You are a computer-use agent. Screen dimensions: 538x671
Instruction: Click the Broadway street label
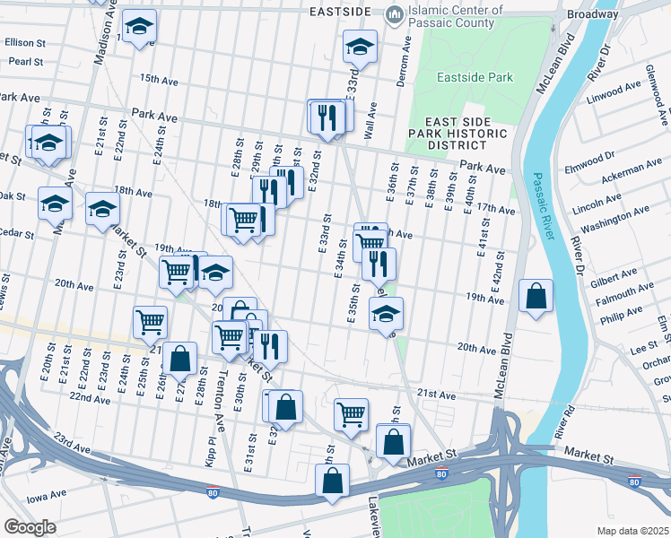coord(592,14)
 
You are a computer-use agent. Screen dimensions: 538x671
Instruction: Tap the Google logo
coord(30,526)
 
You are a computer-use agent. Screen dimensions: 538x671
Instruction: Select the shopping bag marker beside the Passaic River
coord(536,297)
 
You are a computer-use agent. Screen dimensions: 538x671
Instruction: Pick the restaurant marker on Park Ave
coord(326,117)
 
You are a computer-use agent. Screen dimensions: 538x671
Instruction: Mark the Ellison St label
coord(25,42)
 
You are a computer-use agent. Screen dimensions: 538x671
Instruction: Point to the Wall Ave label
coord(370,119)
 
